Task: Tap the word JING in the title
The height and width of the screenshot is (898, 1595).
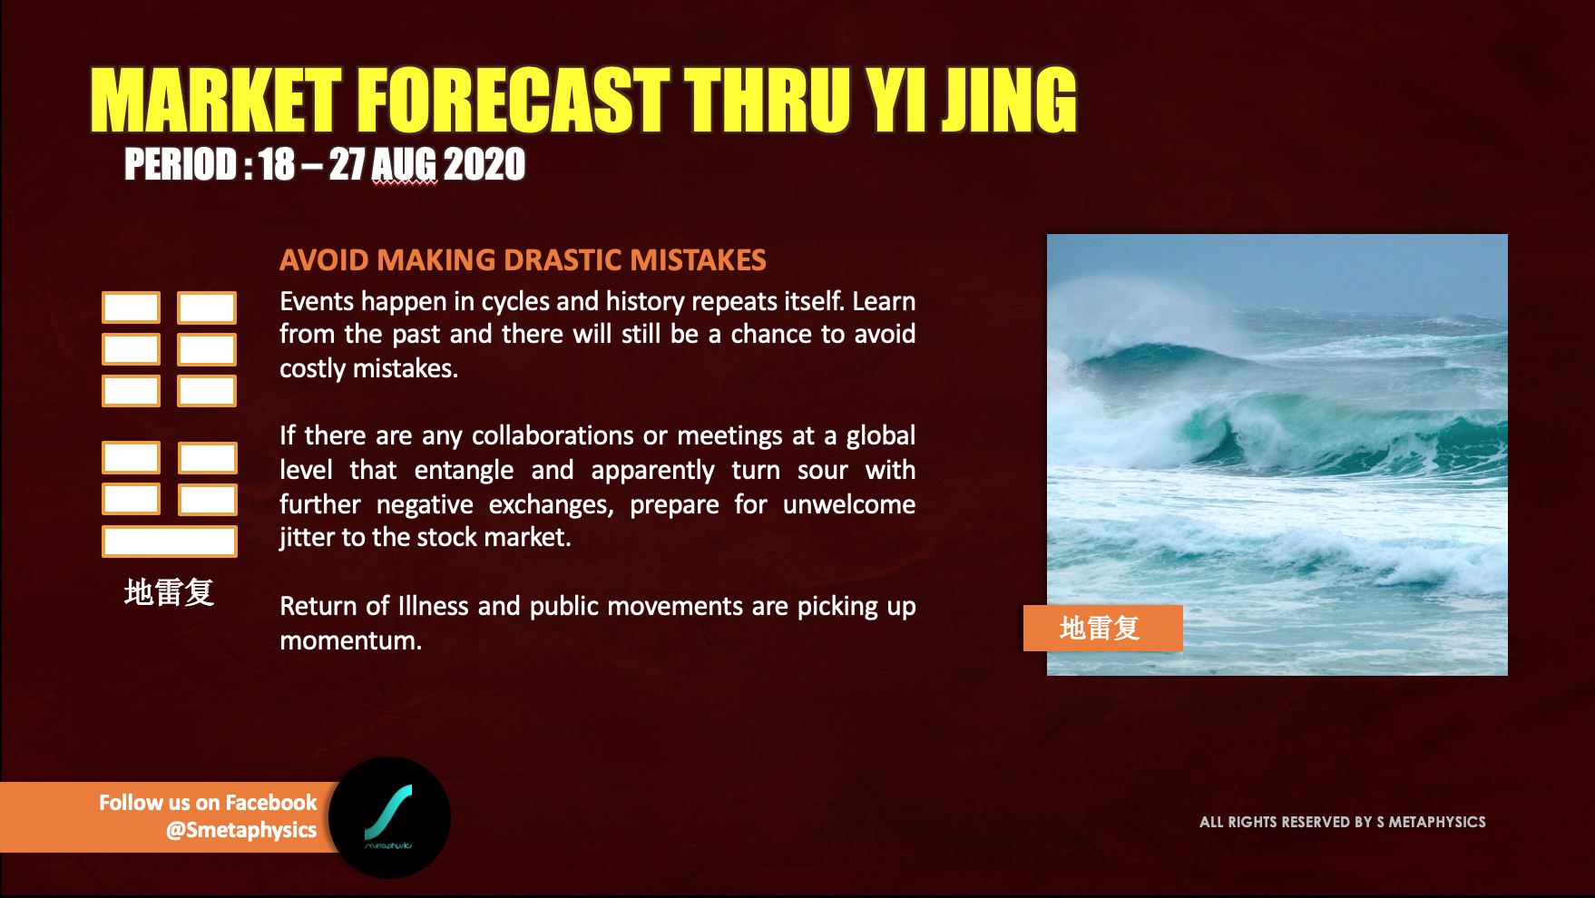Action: click(1009, 100)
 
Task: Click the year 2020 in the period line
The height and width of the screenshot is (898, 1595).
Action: click(484, 164)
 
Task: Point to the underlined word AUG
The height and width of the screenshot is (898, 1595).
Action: click(405, 164)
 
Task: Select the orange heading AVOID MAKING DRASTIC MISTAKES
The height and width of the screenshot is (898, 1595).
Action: click(523, 260)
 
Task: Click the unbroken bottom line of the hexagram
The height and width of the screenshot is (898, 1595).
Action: click(170, 542)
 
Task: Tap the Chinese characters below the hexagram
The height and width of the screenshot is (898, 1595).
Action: click(169, 592)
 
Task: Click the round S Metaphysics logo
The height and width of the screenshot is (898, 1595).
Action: click(389, 817)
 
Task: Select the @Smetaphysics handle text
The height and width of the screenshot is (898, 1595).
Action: click(241, 830)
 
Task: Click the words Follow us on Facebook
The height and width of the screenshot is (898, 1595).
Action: click(208, 803)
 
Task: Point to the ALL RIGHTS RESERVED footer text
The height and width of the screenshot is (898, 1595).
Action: click(1343, 822)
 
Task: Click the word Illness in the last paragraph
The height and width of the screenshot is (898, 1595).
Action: click(434, 606)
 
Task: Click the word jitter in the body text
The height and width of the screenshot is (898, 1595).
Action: click(307, 537)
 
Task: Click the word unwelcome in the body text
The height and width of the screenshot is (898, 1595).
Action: click(849, 504)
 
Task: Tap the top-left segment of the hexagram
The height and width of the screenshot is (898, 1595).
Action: click(132, 307)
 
